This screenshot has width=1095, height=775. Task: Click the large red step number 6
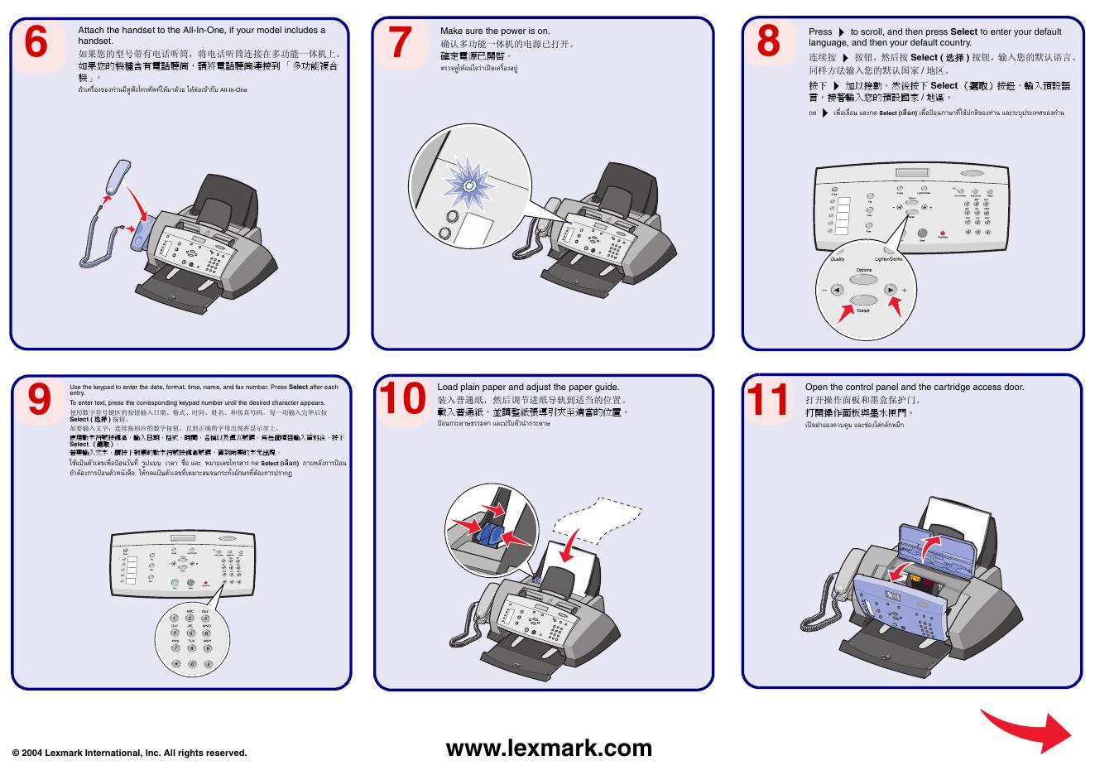36,42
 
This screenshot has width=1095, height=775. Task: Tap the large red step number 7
400,42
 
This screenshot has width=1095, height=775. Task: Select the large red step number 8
768,42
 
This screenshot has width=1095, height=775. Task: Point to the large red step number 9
40,399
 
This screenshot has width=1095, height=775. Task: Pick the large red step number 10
401,399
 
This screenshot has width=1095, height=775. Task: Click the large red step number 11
769,399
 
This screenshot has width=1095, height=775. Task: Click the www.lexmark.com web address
549,749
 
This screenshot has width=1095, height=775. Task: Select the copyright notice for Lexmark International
130,753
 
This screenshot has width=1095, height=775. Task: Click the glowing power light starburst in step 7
468,186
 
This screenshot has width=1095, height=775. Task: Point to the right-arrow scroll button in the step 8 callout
890,290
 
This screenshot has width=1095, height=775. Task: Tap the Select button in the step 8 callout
862,300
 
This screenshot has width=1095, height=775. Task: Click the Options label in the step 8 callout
864,271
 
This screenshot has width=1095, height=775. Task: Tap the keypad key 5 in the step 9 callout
190,633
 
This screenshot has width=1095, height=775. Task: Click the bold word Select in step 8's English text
963,32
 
